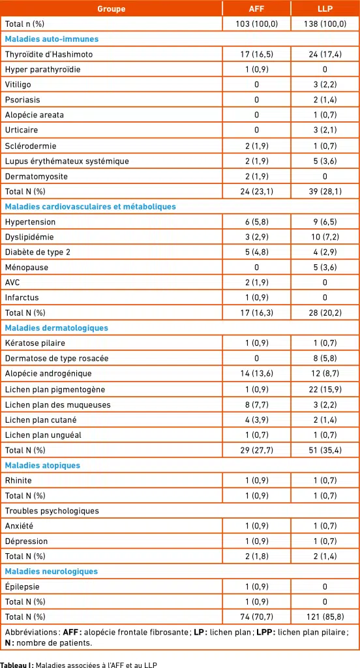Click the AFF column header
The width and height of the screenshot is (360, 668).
click(x=256, y=8)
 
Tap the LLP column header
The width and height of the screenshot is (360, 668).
click(x=325, y=8)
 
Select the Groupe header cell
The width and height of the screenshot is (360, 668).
click(x=111, y=8)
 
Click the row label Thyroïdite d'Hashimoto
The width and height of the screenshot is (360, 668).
click(x=49, y=54)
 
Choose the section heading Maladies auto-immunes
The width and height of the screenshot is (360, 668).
click(x=52, y=39)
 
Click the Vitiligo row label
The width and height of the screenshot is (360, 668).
click(x=18, y=85)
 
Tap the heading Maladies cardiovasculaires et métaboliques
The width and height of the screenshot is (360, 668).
click(x=90, y=207)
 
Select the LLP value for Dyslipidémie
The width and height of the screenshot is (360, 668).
click(x=325, y=237)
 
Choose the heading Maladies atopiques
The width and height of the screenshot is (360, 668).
click(x=42, y=465)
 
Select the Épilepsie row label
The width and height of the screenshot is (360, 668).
click(x=22, y=586)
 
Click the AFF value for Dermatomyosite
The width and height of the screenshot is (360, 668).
click(x=256, y=176)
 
